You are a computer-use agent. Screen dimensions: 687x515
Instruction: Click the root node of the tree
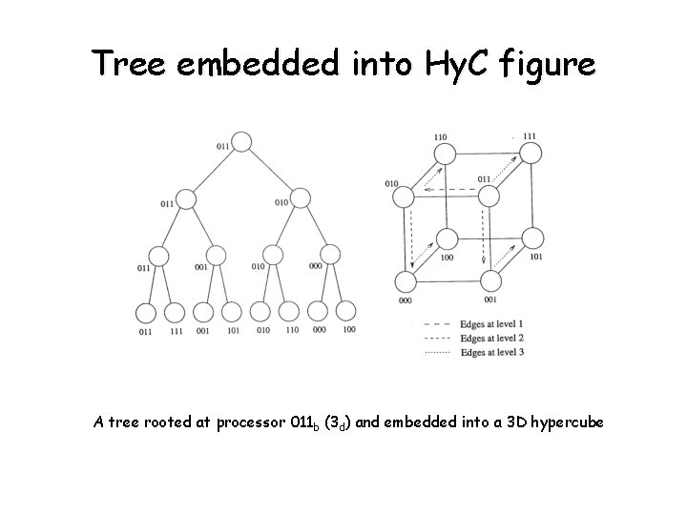(242, 142)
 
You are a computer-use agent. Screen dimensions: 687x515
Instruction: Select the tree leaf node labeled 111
(174, 312)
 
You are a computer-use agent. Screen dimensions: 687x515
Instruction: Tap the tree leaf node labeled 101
(231, 312)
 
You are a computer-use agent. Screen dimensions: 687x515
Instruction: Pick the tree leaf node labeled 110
(291, 312)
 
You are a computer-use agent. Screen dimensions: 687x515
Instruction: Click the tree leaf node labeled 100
(347, 312)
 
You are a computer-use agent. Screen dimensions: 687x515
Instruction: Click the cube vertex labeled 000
(405, 281)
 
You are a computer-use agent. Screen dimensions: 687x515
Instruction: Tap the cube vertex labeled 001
(490, 281)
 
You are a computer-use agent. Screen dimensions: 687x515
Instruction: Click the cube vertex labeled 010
(404, 196)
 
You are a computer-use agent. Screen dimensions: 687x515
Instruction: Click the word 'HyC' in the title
(452, 64)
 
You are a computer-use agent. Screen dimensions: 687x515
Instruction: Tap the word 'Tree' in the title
(128, 64)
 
